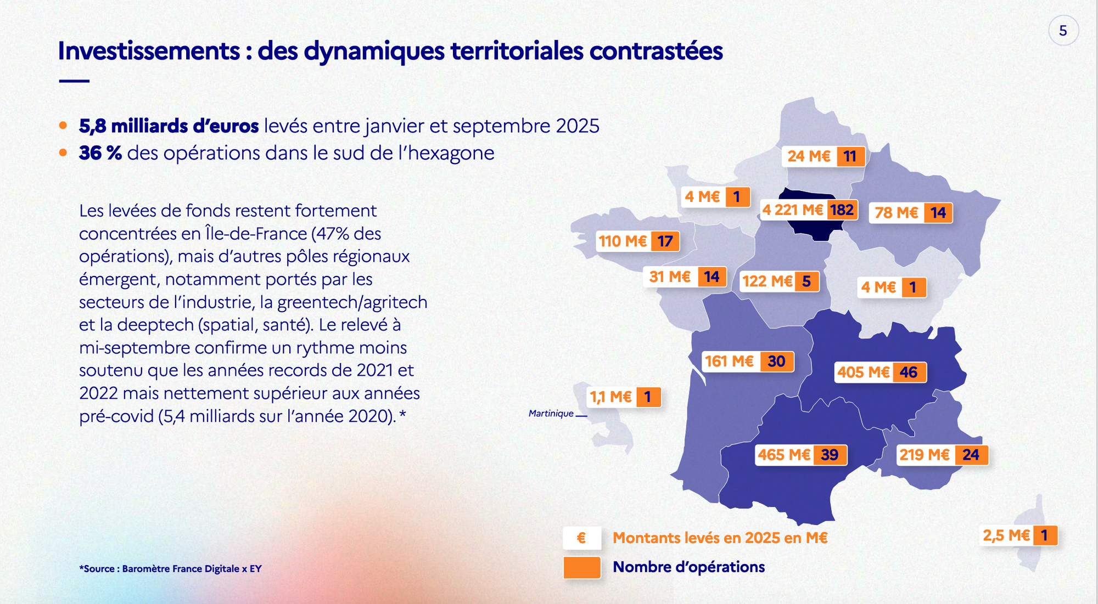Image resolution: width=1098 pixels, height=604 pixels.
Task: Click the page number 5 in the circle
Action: [x=1063, y=31]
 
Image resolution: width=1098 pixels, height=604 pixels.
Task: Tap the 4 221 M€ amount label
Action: [x=792, y=210]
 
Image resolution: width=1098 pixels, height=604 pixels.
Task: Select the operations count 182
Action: [x=842, y=210]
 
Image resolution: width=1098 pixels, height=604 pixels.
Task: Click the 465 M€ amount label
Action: [x=784, y=455]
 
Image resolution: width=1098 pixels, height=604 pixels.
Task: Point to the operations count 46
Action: [x=909, y=372]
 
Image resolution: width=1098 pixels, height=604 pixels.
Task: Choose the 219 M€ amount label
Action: [x=925, y=455]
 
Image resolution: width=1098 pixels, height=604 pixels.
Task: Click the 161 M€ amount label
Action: [x=729, y=362]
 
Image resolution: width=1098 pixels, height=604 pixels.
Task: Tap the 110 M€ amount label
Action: [x=623, y=241]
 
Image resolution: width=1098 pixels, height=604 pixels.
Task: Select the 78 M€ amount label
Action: [x=896, y=213]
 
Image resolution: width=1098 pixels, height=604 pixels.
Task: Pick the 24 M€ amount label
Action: [x=809, y=156]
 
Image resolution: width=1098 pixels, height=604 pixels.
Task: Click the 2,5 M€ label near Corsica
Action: [x=1006, y=535]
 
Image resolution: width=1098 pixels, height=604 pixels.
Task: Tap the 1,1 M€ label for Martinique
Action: [x=610, y=397]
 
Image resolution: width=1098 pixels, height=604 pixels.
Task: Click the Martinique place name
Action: [x=551, y=414]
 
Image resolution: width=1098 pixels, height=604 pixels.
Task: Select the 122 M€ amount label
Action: [x=767, y=281]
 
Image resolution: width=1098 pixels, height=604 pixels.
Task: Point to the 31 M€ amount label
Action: [x=670, y=277]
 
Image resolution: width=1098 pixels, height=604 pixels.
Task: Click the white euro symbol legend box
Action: [x=581, y=538]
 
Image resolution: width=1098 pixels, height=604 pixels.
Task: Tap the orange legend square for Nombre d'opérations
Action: [x=581, y=568]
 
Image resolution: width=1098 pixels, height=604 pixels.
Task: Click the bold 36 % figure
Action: [x=100, y=153]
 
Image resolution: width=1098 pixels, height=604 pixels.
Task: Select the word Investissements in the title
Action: [x=149, y=51]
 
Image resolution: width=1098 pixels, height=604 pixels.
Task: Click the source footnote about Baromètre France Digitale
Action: [x=170, y=569]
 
